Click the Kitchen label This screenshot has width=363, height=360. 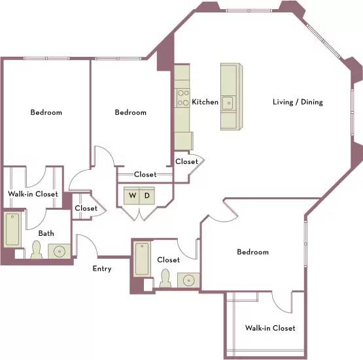coord(205,102)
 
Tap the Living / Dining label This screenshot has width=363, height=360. coord(298,102)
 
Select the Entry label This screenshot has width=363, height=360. coord(102,269)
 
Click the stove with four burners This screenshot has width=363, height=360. coord(183,98)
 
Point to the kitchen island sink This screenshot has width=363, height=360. coord(228,103)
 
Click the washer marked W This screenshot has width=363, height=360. coord(131,195)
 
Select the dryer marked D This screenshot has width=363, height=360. coord(147,195)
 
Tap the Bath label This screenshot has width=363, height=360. coord(46,233)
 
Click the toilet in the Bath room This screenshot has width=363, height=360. coord(37,250)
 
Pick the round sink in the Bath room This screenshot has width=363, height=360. coord(60,251)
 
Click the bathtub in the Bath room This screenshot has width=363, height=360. coord(12,229)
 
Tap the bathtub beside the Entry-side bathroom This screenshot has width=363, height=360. coord(142,259)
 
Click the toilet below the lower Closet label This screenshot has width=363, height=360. coord(165,278)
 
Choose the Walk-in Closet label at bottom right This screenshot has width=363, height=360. coord(270,328)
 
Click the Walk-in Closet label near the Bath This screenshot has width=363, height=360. coord(33,194)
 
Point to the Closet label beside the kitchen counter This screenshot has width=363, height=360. coord(186,161)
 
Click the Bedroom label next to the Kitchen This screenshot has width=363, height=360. coord(131,112)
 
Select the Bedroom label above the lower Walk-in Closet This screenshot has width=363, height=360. coord(253,252)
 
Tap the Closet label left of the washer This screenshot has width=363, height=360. coord(86,208)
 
